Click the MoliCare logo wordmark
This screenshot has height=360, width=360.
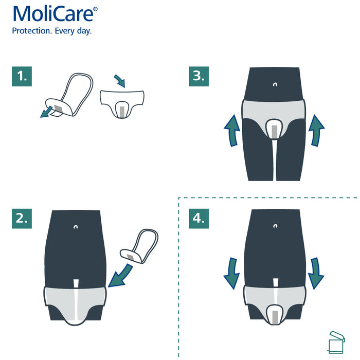pyautogui.click(x=54, y=15)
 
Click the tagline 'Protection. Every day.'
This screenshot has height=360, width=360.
pyautogui.click(x=52, y=31)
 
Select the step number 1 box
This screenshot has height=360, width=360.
pyautogui.click(x=21, y=77)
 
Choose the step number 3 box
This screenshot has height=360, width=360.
pyautogui.click(x=199, y=77)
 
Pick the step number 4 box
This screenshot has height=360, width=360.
pyautogui.click(x=199, y=218)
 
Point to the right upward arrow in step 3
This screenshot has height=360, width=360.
pyautogui.click(x=316, y=131)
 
